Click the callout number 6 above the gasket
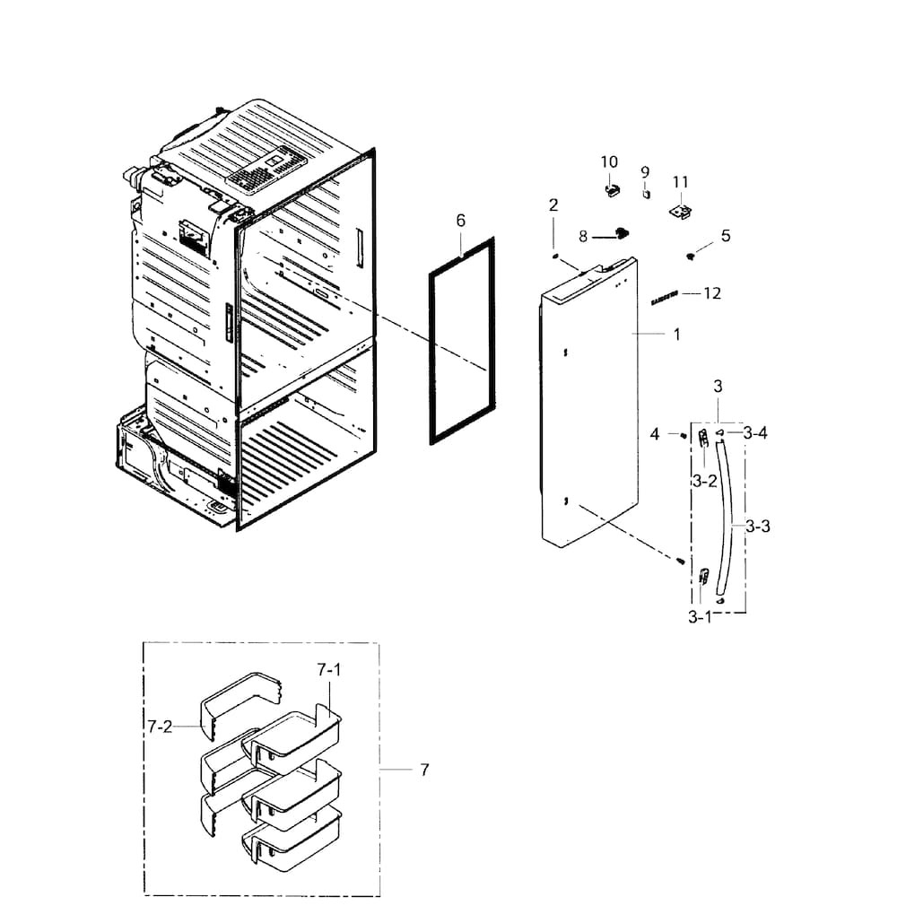[460, 220]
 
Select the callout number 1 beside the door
[676, 335]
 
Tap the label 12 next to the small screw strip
[712, 293]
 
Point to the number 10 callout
[609, 161]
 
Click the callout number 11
[680, 182]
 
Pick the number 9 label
[645, 171]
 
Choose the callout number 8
[583, 237]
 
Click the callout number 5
[725, 236]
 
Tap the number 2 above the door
[553, 205]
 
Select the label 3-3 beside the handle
[758, 527]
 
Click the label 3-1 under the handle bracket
[700, 617]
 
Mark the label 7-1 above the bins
[329, 669]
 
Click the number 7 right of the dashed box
[423, 770]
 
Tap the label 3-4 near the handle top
[755, 433]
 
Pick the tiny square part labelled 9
[645, 191]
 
